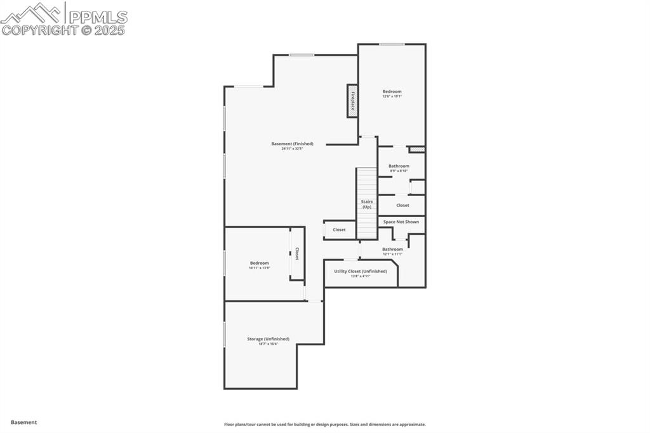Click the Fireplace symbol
tap(352, 100)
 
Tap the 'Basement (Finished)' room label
tap(292, 143)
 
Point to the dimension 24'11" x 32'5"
tap(292, 149)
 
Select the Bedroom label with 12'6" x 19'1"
tap(392, 91)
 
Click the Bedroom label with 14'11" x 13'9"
tap(259, 263)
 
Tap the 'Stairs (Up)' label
tap(366, 204)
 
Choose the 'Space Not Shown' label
tap(401, 222)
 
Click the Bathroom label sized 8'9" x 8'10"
tap(399, 166)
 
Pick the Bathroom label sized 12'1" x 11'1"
tap(392, 249)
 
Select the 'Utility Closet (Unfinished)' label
tap(360, 271)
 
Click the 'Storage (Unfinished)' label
tap(268, 339)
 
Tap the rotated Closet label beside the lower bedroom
tap(296, 254)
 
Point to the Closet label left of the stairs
tap(339, 230)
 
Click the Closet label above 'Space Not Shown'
tap(402, 205)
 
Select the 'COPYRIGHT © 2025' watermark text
tap(63, 30)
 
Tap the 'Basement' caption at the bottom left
tap(23, 422)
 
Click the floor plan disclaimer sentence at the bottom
tap(324, 424)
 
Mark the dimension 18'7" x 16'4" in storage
tap(268, 344)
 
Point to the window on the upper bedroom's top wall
tap(392, 44)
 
